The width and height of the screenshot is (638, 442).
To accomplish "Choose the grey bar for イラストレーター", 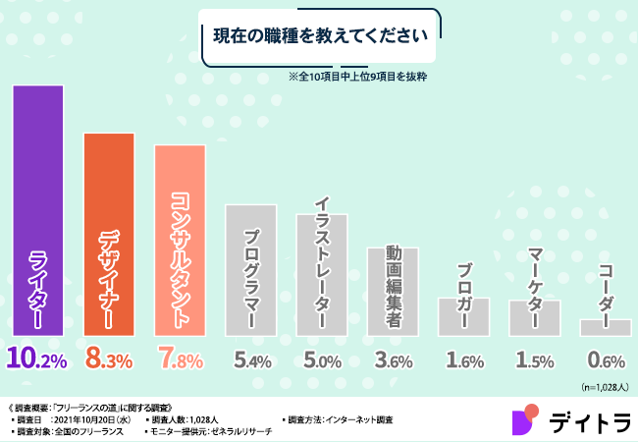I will [x=322, y=275].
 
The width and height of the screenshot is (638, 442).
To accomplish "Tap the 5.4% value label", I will [x=251, y=360].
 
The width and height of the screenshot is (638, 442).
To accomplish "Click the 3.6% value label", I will [x=394, y=360].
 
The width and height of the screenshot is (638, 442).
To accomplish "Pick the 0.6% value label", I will [x=606, y=360].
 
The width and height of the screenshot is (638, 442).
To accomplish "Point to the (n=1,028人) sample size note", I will [x=603, y=387].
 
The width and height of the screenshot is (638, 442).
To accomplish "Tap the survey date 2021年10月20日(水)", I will [x=91, y=419].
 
